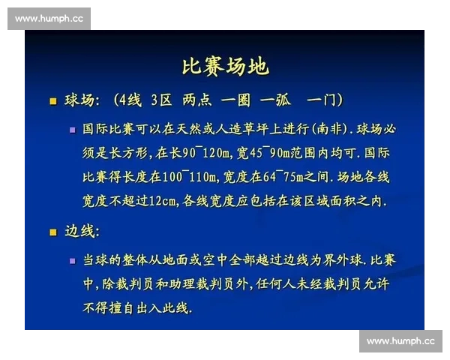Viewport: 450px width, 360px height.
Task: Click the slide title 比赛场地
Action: pyautogui.click(x=225, y=66)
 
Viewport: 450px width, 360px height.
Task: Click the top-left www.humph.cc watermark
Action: pyautogui.click(x=49, y=19)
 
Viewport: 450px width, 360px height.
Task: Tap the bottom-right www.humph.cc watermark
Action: pyautogui.click(x=400, y=341)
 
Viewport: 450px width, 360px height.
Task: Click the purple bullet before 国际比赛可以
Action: pyautogui.click(x=72, y=129)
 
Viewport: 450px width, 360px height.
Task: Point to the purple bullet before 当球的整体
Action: pyautogui.click(x=72, y=260)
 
